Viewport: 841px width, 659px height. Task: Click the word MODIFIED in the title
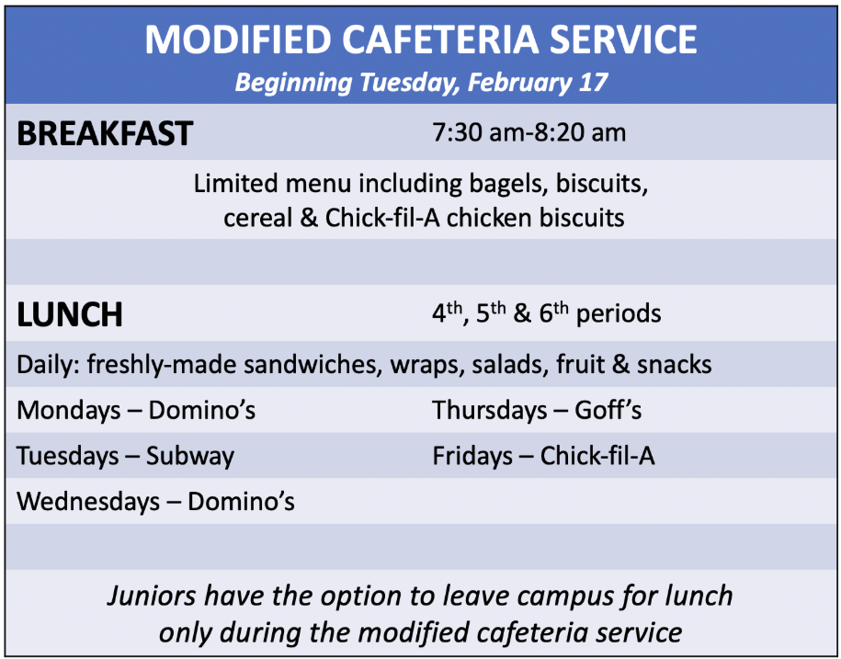(x=238, y=40)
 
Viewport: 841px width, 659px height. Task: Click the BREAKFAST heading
(x=105, y=133)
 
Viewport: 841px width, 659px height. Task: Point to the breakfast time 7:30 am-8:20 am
(x=528, y=132)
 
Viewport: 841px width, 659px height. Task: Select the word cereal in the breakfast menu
(x=257, y=218)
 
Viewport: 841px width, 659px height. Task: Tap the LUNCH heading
(x=70, y=314)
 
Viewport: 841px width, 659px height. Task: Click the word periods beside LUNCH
(x=619, y=313)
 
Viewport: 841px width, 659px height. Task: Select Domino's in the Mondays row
(x=201, y=410)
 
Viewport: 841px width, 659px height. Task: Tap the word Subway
(x=190, y=456)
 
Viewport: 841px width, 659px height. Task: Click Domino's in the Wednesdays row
(x=241, y=502)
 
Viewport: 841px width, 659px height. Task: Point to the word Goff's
(x=608, y=410)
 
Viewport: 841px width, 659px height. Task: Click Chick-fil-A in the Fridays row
(x=597, y=456)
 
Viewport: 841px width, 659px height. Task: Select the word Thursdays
(x=490, y=411)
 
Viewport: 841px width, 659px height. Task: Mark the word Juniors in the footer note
(x=152, y=596)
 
